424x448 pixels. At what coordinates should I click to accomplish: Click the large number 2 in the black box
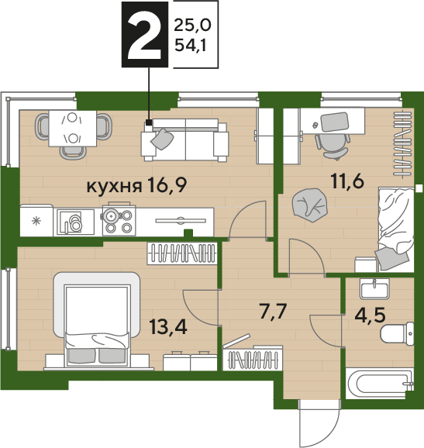pyautogui.click(x=145, y=35)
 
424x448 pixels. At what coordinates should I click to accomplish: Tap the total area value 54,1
pyautogui.click(x=190, y=45)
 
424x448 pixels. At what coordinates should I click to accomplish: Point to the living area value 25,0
pyautogui.click(x=192, y=25)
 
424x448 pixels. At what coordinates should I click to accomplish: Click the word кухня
pyautogui.click(x=114, y=187)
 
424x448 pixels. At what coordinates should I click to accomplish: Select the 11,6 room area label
pyautogui.click(x=347, y=181)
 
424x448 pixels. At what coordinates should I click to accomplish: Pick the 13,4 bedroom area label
pyautogui.click(x=168, y=327)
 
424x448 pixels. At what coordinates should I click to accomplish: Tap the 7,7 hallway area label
pyautogui.click(x=273, y=311)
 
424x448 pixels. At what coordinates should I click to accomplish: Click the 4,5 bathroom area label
pyautogui.click(x=370, y=315)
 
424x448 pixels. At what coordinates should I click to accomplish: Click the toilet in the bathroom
pyautogui.click(x=398, y=334)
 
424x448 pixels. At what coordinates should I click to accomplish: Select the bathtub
pyautogui.click(x=379, y=384)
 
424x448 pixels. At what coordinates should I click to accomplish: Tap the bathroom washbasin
pyautogui.click(x=374, y=289)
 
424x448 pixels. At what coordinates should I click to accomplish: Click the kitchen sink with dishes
pyautogui.click(x=76, y=222)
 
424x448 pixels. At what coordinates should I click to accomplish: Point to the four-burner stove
pyautogui.click(x=119, y=220)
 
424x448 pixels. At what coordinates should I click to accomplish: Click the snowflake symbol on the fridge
pyautogui.click(x=36, y=221)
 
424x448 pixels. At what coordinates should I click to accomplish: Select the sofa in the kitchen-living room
pyautogui.click(x=184, y=140)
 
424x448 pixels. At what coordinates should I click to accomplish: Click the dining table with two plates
pyautogui.click(x=73, y=129)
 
